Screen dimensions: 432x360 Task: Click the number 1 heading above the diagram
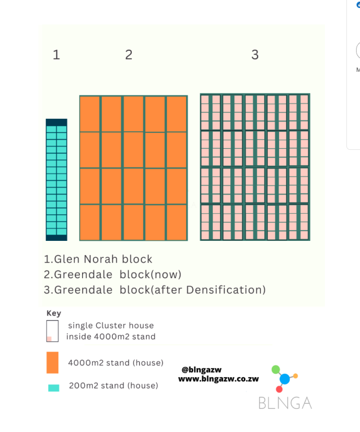coord(56,55)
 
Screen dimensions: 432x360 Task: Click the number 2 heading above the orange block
coord(128,55)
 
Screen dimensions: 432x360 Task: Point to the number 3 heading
coord(255,55)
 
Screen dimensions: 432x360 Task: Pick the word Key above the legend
coord(54,313)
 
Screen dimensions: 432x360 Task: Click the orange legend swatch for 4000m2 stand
coord(53,362)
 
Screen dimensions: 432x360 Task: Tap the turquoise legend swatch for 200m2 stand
coord(53,388)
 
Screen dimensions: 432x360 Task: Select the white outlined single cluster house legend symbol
coord(53,331)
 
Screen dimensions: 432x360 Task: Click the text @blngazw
coord(202,370)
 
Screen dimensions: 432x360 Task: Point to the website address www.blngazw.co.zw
coord(218,379)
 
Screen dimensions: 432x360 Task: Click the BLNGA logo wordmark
coord(285,403)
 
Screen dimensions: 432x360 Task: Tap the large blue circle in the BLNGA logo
coord(285,379)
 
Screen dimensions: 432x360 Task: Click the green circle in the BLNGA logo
coord(276,369)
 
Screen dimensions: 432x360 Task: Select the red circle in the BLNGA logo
coord(279,390)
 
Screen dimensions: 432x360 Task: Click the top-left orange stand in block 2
coord(89,114)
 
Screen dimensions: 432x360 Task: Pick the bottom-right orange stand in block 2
coord(177,222)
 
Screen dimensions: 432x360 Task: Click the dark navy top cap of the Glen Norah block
coord(57,122)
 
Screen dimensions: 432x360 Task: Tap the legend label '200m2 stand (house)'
coord(113,386)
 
